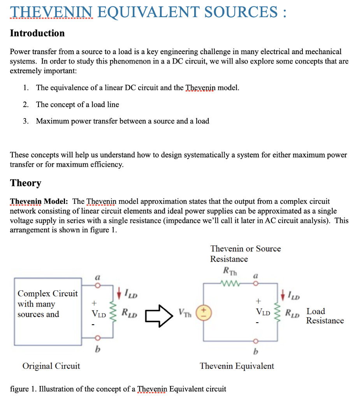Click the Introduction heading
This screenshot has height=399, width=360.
(x=37, y=33)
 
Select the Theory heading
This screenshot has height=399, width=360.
(x=26, y=183)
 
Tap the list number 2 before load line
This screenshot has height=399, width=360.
(x=25, y=104)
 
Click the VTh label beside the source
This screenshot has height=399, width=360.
(x=186, y=312)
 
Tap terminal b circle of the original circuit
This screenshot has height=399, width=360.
(x=98, y=337)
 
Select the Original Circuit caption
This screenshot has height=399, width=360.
(x=51, y=366)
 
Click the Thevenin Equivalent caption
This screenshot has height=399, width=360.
(x=237, y=366)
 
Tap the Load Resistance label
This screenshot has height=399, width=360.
(x=325, y=316)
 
